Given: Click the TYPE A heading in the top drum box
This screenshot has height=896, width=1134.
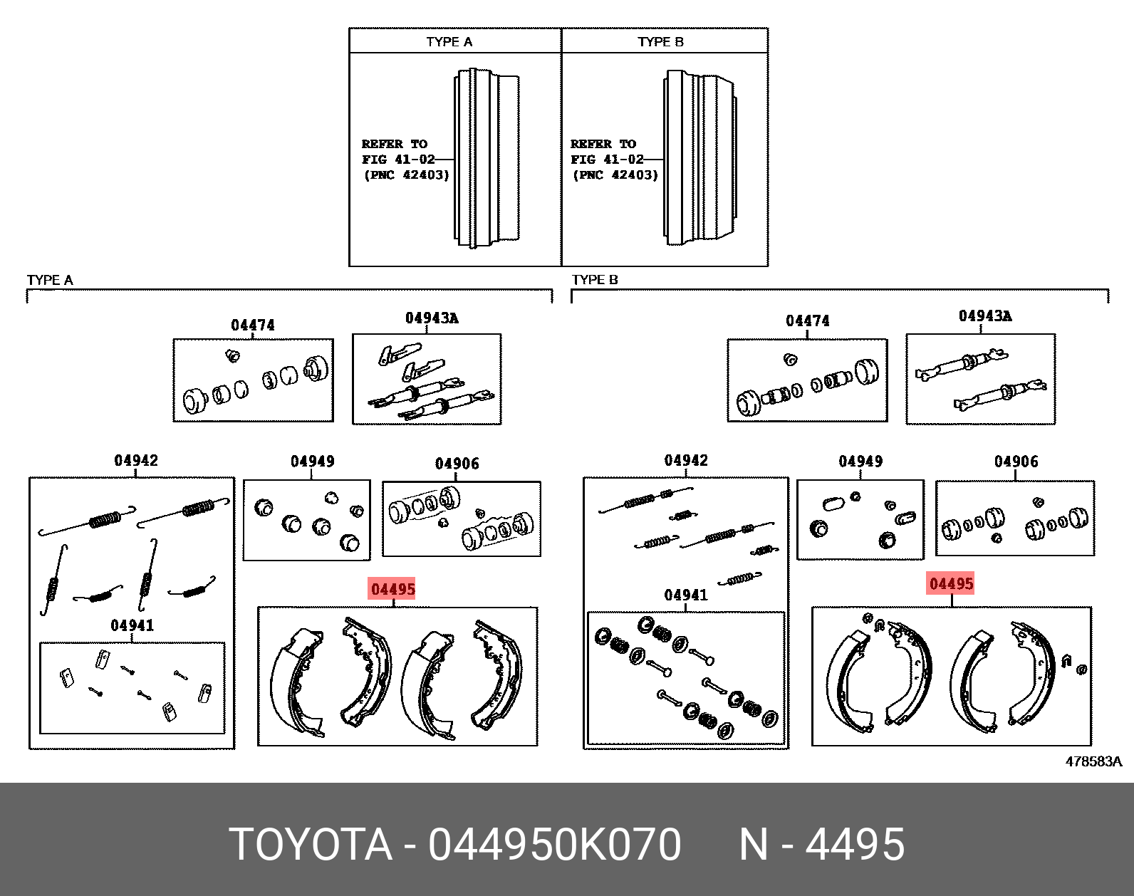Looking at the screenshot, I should [x=449, y=42].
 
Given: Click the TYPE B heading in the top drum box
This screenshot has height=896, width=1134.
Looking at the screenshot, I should [x=660, y=42].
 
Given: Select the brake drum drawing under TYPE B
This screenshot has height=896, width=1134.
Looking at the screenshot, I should [x=699, y=158].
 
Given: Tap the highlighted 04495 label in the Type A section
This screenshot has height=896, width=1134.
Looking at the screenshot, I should [x=392, y=590].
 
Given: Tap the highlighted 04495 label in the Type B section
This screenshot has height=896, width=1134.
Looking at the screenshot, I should [x=951, y=584].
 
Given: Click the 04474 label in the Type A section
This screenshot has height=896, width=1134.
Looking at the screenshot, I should [x=252, y=325].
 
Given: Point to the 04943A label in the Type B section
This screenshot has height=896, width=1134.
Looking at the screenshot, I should [x=984, y=316].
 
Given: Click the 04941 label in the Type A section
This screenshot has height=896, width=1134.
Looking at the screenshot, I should [x=132, y=625].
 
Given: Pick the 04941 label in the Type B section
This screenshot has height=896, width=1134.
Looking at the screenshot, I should [x=685, y=595].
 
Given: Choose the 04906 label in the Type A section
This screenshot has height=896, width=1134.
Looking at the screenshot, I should [x=457, y=464].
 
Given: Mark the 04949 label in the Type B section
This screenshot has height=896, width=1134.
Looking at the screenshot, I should [x=860, y=462].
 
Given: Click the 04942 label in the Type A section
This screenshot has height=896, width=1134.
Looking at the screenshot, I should [x=136, y=461].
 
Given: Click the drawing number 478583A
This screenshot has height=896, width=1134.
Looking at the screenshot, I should [x=1093, y=761].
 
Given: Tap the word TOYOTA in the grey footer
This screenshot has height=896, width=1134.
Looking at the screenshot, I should [x=311, y=845].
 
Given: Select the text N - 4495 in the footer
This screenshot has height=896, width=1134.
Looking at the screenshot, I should [x=821, y=845].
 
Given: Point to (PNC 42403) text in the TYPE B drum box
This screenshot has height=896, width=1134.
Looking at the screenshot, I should [x=615, y=174].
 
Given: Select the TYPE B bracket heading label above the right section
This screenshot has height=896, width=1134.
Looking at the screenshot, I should [x=595, y=280].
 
